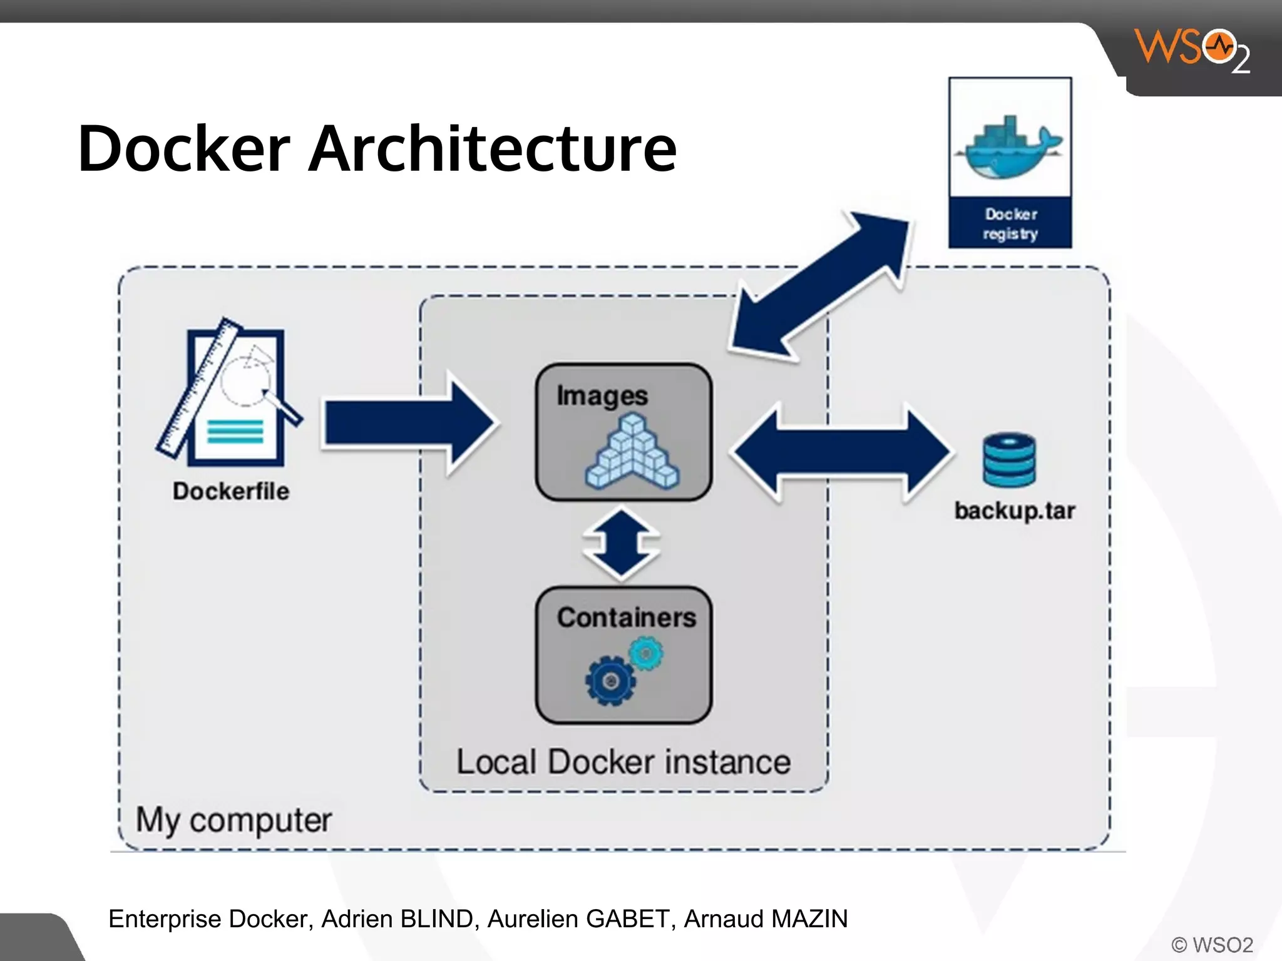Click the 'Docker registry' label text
(x=1010, y=223)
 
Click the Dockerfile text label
(x=231, y=491)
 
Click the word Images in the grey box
(x=602, y=395)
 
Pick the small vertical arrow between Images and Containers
(x=621, y=543)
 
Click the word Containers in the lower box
(x=626, y=618)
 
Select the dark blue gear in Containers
(x=610, y=681)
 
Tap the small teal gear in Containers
(x=647, y=654)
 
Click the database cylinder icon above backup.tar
(x=1009, y=460)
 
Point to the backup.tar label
(x=1015, y=511)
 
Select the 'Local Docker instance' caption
(x=623, y=762)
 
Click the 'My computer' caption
(x=233, y=820)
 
